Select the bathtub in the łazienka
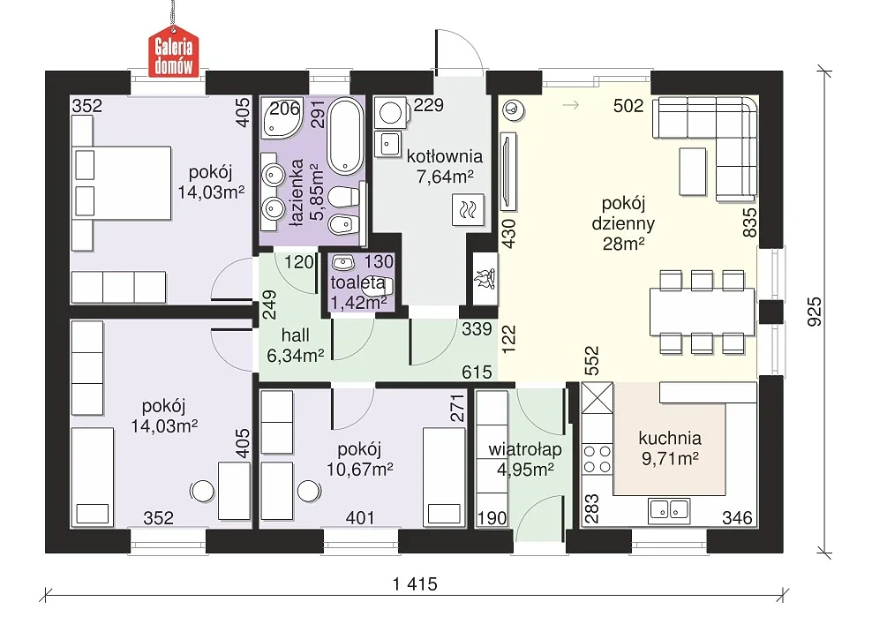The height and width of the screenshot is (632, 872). coord(345,136)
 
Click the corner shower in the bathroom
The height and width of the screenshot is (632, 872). coord(281,118)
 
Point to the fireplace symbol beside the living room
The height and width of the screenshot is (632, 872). coord(485,279)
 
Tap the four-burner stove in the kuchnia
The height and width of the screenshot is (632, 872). coord(597,459)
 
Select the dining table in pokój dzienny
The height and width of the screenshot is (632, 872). coord(702,312)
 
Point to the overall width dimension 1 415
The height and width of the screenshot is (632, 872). coord(415,584)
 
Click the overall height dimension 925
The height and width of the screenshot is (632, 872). coord(814,312)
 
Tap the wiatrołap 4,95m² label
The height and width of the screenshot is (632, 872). coord(525,459)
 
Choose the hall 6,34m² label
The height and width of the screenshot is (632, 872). coord(296,345)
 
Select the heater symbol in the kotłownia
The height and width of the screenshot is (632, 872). coord(468,210)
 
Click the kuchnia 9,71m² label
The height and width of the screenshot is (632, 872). coord(670,448)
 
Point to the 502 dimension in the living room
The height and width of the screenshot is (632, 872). coord(628,106)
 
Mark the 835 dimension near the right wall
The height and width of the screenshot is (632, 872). coord(749,222)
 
